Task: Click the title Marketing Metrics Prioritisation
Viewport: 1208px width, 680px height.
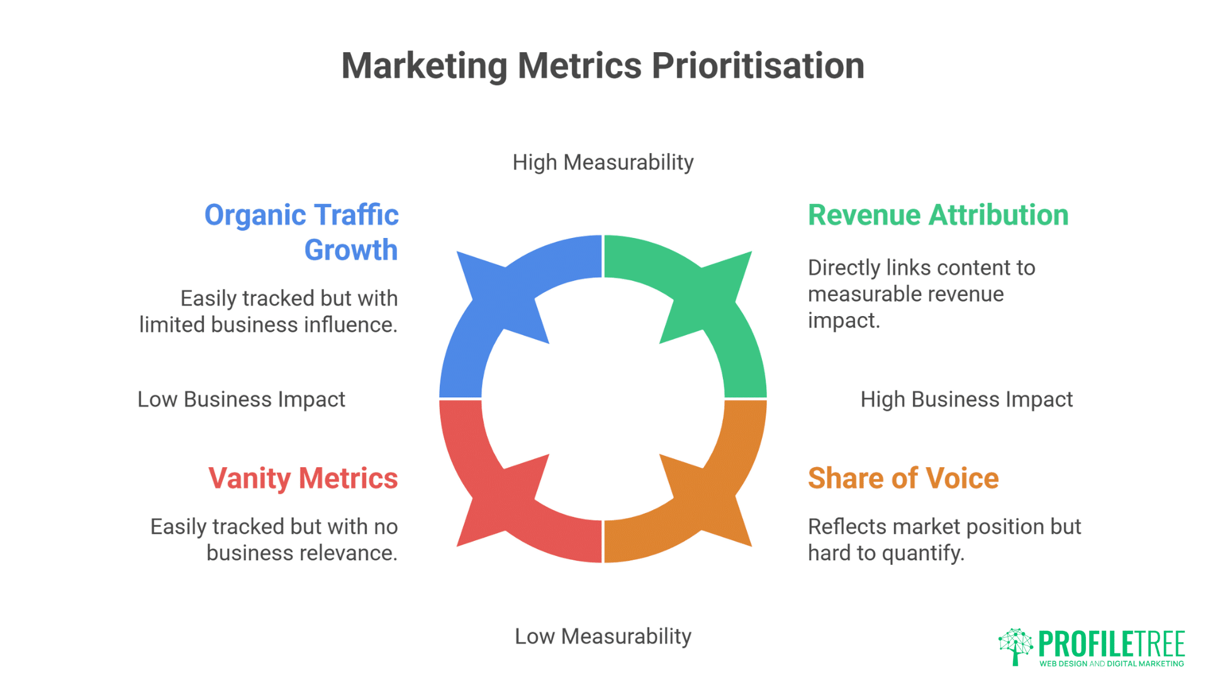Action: (x=603, y=66)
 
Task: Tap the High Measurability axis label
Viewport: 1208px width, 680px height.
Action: (x=603, y=162)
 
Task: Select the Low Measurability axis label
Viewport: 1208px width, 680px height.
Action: (x=603, y=637)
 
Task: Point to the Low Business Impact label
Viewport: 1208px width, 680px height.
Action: (x=242, y=400)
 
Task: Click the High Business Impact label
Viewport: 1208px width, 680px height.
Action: (x=966, y=400)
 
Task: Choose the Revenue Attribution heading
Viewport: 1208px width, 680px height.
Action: (x=938, y=215)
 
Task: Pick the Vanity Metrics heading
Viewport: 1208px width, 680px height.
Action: (x=303, y=479)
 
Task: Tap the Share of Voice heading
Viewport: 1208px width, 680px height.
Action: (x=903, y=479)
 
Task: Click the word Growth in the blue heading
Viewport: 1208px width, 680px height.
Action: (x=351, y=251)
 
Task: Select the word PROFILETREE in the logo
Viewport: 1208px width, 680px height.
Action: (x=1112, y=644)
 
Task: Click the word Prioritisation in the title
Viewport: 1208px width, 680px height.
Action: (x=758, y=66)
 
